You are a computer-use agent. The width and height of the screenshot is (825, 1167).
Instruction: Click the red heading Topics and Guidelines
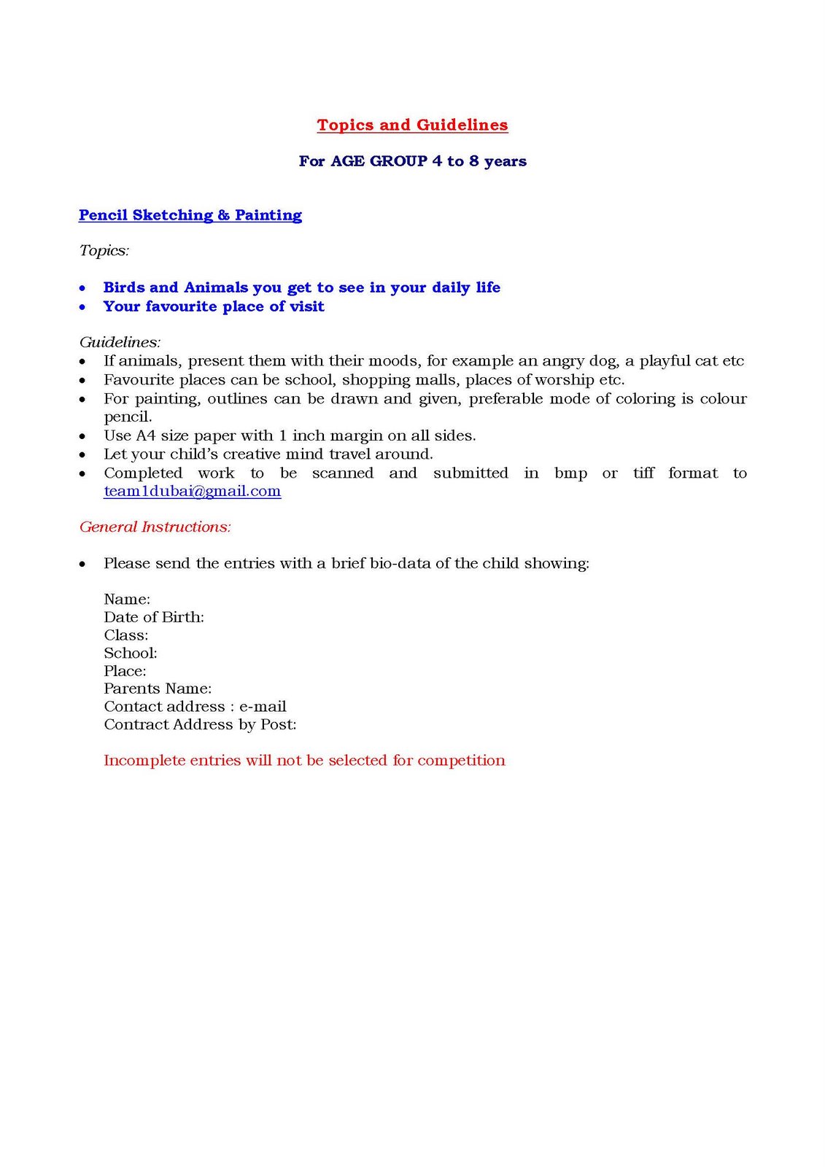tap(412, 125)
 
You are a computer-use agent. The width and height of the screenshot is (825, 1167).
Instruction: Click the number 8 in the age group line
tap(474, 161)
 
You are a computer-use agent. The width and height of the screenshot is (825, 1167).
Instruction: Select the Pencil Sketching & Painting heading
tap(190, 215)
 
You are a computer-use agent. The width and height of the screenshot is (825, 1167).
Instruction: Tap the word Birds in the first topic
tap(124, 287)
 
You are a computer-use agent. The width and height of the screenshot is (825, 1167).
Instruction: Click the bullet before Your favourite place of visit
tap(83, 307)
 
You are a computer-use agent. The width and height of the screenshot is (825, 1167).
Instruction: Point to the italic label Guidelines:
tap(120, 342)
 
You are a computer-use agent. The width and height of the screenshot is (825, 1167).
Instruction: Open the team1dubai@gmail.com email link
tap(192, 492)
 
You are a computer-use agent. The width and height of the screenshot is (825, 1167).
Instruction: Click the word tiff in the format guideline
tap(643, 473)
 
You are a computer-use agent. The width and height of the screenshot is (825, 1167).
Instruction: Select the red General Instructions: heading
tap(155, 527)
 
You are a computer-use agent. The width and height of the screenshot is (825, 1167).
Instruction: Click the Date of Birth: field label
tap(154, 617)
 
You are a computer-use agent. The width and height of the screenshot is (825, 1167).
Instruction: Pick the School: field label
tap(131, 653)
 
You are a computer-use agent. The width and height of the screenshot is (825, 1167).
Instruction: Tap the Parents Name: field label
tap(158, 689)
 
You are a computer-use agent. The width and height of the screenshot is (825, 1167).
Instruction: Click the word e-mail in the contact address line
tap(263, 707)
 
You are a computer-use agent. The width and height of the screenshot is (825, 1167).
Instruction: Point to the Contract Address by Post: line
tap(200, 724)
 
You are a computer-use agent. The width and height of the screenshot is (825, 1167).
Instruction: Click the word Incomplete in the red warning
tap(144, 761)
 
